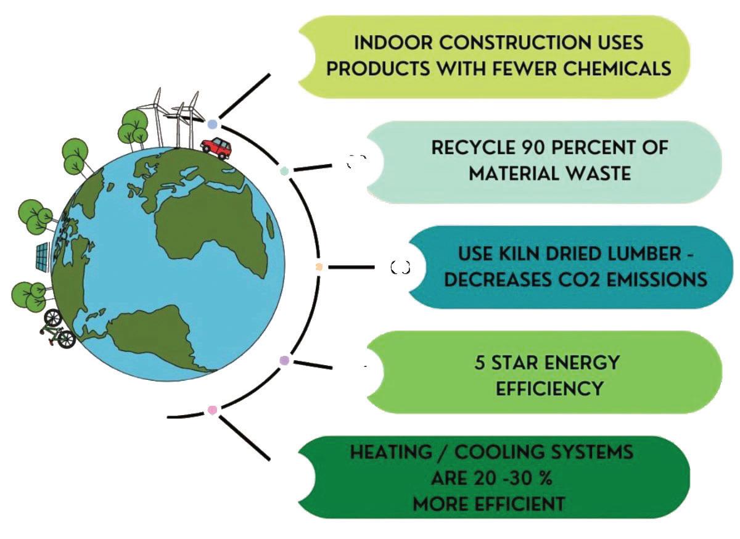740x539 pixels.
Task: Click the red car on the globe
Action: click(216, 148)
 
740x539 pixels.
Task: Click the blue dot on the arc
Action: click(213, 124)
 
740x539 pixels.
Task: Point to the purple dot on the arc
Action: click(284, 360)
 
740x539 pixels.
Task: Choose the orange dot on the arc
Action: click(319, 267)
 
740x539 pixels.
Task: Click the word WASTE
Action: click(596, 173)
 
